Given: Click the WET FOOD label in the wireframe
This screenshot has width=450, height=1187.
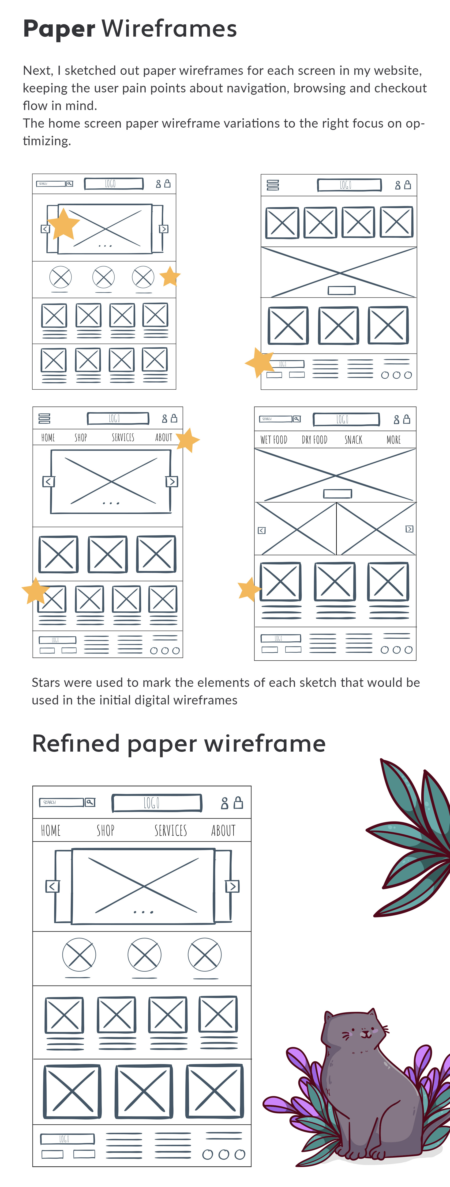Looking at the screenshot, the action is coord(274,440).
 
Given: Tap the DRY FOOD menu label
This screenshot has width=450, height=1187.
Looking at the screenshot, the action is coord(315,440).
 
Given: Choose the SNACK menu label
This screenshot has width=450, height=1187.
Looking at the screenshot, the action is coord(353,440).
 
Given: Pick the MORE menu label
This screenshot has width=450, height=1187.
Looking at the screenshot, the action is coord(393,440).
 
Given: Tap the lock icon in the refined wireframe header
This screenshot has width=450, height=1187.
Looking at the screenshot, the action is coord(238,803).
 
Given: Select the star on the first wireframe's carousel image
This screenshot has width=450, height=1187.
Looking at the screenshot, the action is coord(64,224).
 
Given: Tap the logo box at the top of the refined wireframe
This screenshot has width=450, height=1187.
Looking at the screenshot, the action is coord(157,803).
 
